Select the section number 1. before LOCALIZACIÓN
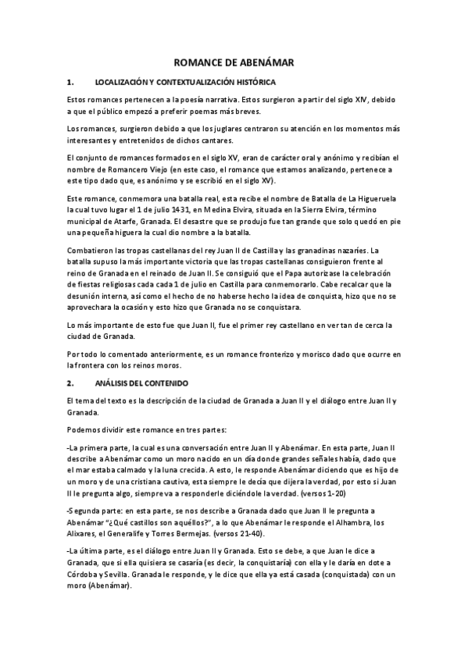tap(70, 82)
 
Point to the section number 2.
tap(70, 383)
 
